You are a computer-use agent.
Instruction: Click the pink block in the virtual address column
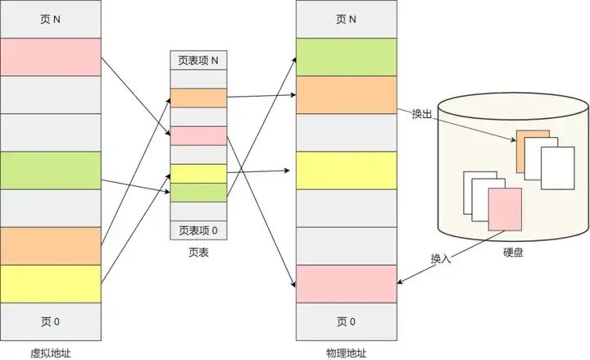coord(50,57)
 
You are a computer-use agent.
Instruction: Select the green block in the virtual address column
coord(50,170)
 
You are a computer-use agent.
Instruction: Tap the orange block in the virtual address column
coord(50,245)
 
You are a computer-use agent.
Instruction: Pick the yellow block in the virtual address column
coord(50,283)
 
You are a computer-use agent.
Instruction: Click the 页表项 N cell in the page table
coord(197,60)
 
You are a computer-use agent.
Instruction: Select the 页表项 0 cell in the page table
coord(197,230)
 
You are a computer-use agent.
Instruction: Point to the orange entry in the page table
coord(197,98)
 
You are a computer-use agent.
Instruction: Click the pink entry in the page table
coord(197,136)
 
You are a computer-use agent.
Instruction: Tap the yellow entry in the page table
coord(197,173)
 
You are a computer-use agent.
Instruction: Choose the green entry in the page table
coord(197,192)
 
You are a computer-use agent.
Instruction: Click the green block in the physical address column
coord(346,57)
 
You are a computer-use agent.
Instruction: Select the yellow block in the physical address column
coord(346,170)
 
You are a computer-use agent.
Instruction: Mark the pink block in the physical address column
coord(346,283)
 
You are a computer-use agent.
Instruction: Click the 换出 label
coord(421,114)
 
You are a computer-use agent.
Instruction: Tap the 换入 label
coord(441,259)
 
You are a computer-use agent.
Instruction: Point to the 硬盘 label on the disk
coord(513,253)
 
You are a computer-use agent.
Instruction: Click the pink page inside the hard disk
coord(505,209)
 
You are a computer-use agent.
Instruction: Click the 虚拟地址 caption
coord(50,352)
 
